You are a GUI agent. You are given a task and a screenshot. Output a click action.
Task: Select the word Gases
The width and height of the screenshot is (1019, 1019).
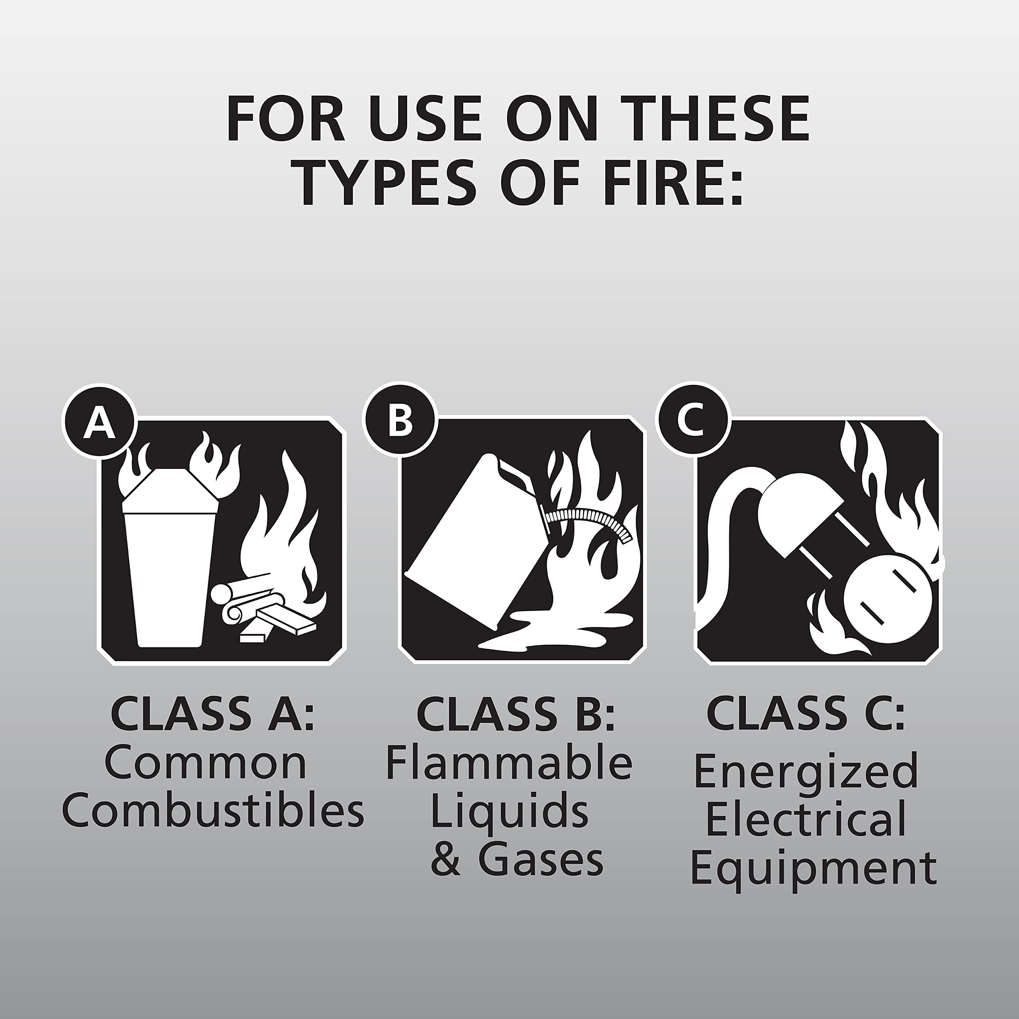[540, 860]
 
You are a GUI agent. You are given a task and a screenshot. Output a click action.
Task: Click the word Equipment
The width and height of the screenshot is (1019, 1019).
[813, 869]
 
